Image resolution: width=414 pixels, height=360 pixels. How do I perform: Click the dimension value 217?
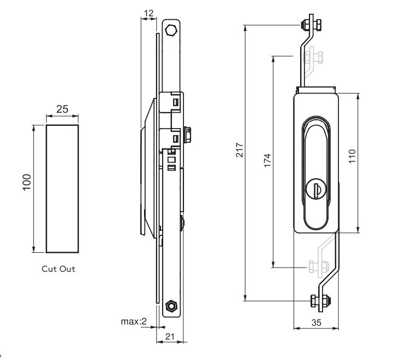(x=239, y=151)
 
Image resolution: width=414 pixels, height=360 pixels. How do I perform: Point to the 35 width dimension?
(x=316, y=323)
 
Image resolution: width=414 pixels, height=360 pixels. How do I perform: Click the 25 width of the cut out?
(x=62, y=109)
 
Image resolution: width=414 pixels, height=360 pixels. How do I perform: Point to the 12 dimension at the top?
(x=149, y=12)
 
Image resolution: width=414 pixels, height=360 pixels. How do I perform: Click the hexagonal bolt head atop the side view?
(x=171, y=30)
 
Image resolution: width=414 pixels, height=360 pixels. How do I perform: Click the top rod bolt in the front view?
(x=309, y=25)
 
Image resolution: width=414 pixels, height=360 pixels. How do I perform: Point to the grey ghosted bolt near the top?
(x=314, y=56)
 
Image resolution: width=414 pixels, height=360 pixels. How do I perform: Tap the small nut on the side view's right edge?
(x=187, y=133)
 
